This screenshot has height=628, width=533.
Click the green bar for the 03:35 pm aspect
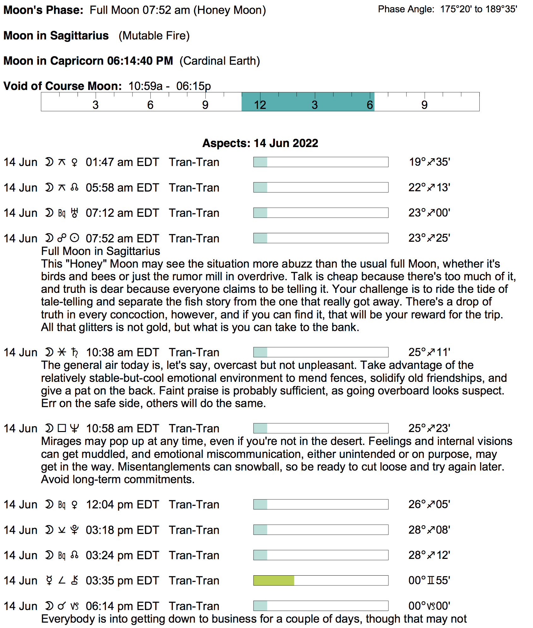(274, 580)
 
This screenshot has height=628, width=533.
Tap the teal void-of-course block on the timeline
(308, 102)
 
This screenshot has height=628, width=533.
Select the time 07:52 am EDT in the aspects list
(122, 238)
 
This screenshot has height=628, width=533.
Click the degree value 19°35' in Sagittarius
(430, 162)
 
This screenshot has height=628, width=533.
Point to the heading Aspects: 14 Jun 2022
(260, 143)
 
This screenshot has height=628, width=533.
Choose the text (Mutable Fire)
(154, 36)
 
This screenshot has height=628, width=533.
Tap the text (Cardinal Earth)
(220, 61)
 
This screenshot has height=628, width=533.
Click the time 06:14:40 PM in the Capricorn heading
(140, 61)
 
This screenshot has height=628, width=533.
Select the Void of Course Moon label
(62, 86)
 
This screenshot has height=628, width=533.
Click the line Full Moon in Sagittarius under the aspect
(101, 251)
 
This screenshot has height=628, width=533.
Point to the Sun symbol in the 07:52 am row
(74, 238)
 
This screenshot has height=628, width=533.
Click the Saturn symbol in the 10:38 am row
(74, 352)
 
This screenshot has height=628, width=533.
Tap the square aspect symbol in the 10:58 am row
(62, 428)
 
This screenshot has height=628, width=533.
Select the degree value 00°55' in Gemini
(429, 580)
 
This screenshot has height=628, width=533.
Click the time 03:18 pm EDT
(122, 530)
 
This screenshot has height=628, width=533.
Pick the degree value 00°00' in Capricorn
(429, 606)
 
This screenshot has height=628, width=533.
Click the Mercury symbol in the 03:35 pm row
(49, 580)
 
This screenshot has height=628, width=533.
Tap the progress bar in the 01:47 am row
(321, 162)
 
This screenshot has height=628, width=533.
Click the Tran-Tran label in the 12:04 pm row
(194, 504)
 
